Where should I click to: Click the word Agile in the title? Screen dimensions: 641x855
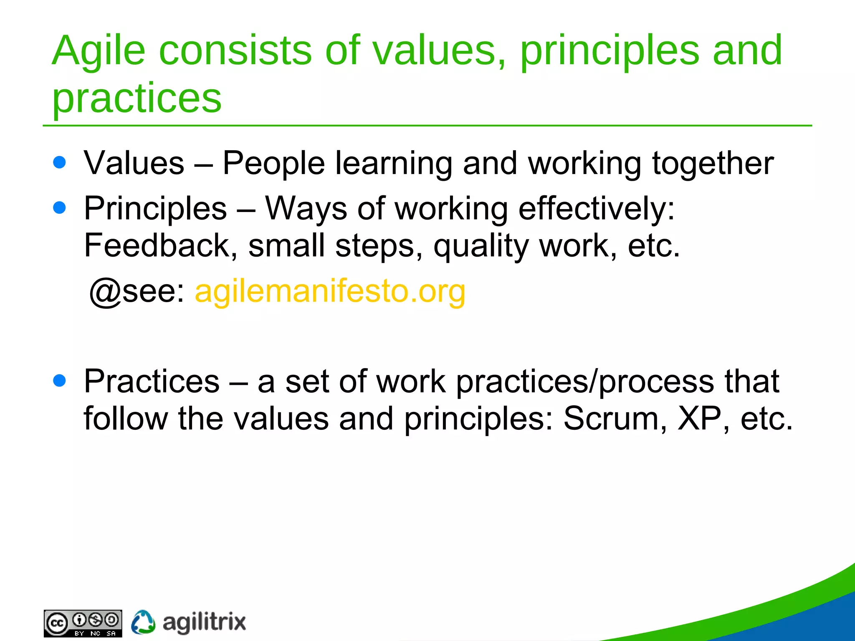point(99,51)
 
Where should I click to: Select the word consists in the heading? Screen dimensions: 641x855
point(235,51)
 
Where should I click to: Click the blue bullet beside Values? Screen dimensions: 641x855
point(60,162)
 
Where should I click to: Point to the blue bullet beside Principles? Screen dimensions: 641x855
point(60,207)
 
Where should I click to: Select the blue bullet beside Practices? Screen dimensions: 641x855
point(60,380)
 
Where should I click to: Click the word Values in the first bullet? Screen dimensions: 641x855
point(134,163)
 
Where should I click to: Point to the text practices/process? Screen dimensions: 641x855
point(585,382)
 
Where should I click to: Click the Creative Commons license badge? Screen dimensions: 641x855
point(83,623)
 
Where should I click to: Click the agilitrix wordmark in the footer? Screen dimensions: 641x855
point(204,623)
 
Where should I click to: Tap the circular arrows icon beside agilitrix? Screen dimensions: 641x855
point(143,622)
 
